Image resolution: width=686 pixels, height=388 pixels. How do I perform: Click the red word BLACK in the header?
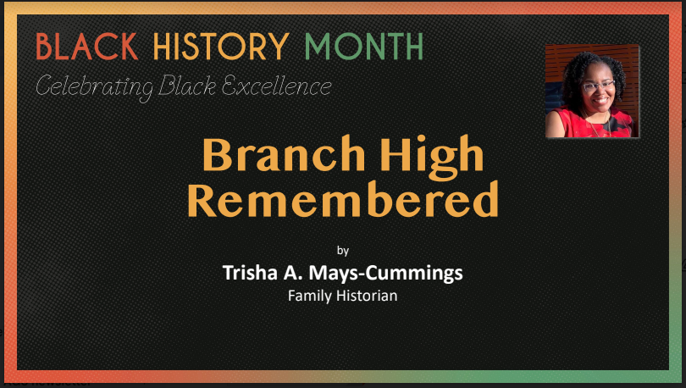pyautogui.click(x=87, y=47)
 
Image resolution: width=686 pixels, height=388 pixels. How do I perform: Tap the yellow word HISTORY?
pyautogui.click(x=221, y=47)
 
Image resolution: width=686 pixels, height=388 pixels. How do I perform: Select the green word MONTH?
pyautogui.click(x=364, y=47)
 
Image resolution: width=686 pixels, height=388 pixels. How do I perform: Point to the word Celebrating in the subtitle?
pyautogui.click(x=94, y=87)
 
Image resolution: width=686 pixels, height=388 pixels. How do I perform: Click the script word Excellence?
pyautogui.click(x=276, y=86)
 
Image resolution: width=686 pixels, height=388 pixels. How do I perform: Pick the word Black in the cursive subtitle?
pyautogui.click(x=187, y=86)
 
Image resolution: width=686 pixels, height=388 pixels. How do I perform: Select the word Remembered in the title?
pyautogui.click(x=343, y=199)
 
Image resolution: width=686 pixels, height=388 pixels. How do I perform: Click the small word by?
pyautogui.click(x=343, y=251)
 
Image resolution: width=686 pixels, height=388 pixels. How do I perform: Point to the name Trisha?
pyautogui.click(x=250, y=273)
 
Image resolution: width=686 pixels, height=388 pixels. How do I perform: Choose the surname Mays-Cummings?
pyautogui.click(x=386, y=274)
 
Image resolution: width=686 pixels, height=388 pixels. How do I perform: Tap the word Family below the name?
pyautogui.click(x=310, y=297)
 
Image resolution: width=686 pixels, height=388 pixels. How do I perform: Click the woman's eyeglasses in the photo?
pyautogui.click(x=598, y=86)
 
